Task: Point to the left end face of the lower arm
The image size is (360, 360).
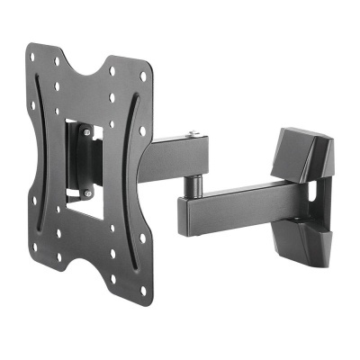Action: tap(184, 215)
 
